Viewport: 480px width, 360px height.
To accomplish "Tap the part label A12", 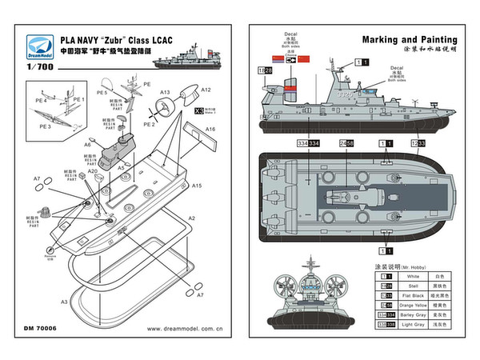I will click(x=206, y=90).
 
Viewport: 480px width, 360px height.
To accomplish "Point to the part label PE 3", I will click(x=44, y=126).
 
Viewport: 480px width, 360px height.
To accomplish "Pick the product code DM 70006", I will click(x=42, y=328).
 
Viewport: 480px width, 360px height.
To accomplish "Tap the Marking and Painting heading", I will click(x=410, y=38).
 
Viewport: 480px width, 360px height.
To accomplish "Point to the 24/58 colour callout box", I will click(x=347, y=143).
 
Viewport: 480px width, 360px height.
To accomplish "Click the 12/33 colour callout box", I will click(x=417, y=143).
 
